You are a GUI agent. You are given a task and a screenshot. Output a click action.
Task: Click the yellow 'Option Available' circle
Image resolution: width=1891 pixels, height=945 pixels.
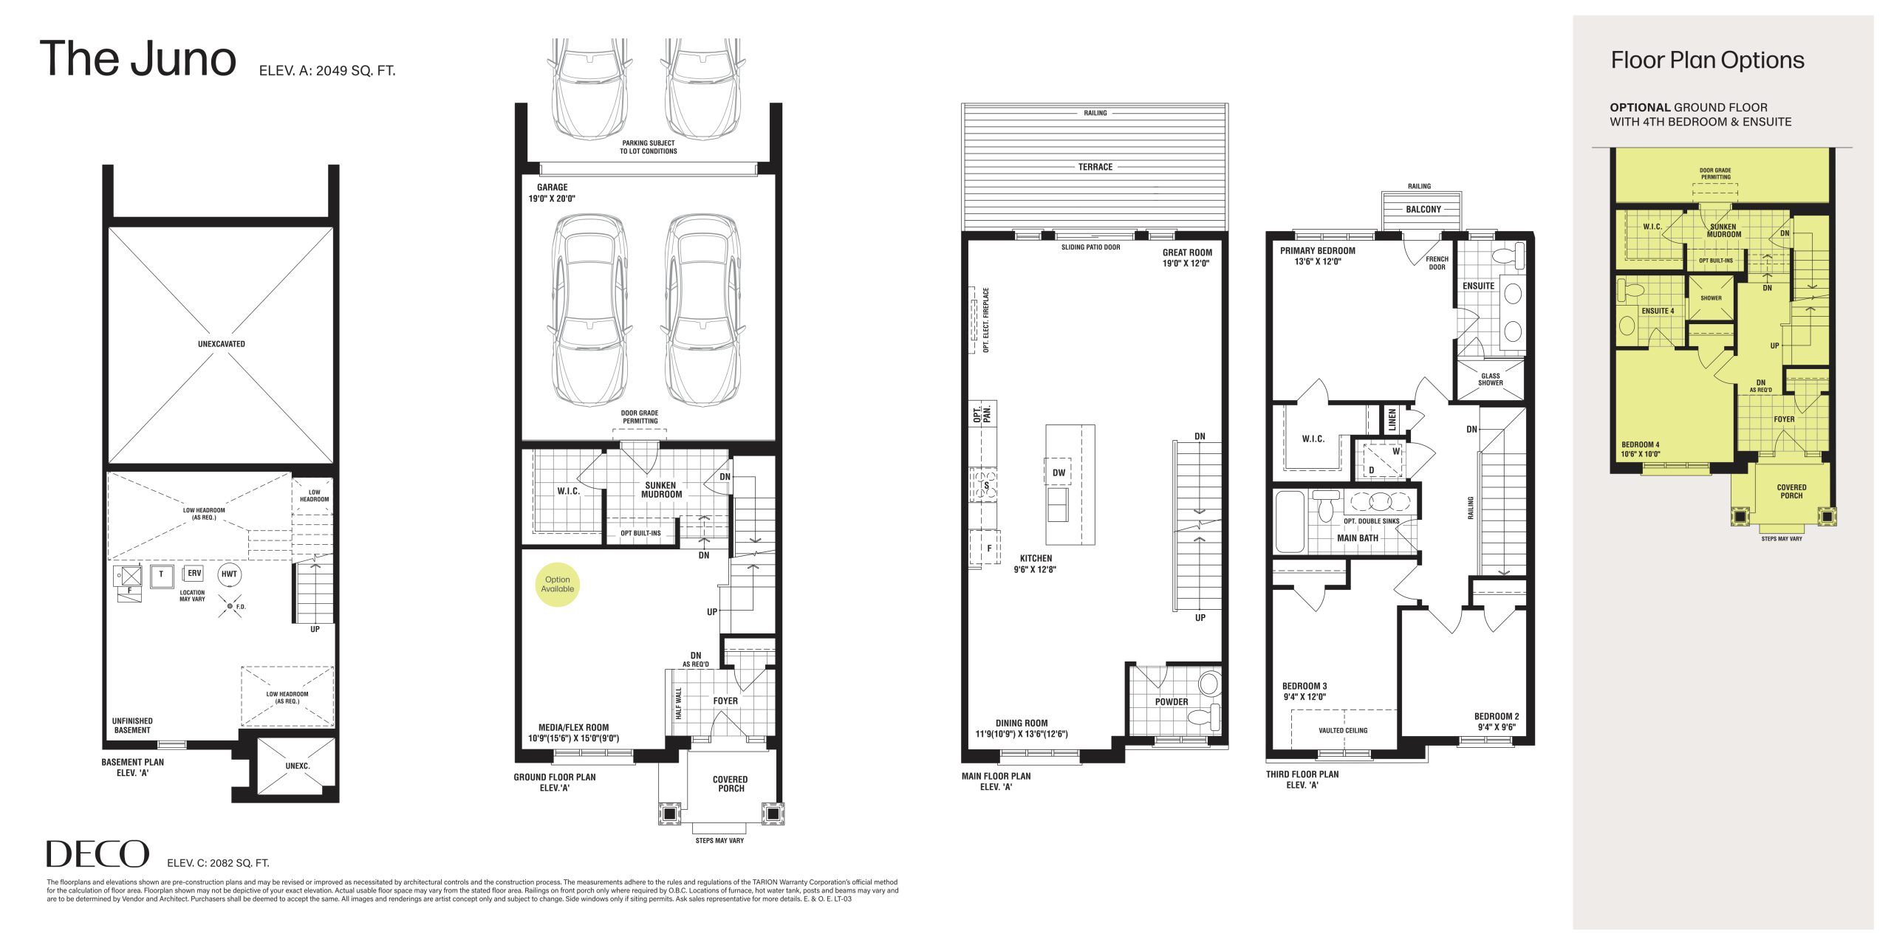(x=558, y=585)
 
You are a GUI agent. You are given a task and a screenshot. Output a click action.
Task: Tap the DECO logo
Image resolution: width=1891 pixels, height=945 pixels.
(x=98, y=854)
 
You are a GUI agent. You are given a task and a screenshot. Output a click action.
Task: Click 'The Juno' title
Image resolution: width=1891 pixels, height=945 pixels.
(x=138, y=59)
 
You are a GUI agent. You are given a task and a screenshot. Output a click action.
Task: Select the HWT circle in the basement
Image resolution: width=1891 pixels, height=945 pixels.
(x=229, y=574)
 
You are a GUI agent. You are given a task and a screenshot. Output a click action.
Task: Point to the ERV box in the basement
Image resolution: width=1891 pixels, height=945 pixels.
(x=194, y=574)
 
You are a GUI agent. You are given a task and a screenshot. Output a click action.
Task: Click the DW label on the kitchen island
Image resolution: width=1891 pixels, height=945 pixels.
(x=1059, y=472)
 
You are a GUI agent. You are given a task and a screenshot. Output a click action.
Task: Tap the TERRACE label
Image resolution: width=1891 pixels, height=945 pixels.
(x=1095, y=167)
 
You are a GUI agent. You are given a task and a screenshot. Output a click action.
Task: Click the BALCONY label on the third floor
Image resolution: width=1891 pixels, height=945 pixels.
(x=1423, y=210)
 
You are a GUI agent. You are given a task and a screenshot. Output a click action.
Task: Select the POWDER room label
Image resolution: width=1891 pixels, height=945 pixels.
(x=1172, y=702)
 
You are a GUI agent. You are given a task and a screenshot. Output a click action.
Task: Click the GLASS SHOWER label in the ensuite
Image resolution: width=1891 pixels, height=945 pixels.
(x=1491, y=379)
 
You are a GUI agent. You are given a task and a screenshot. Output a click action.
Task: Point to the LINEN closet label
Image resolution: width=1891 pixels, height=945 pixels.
(x=1392, y=421)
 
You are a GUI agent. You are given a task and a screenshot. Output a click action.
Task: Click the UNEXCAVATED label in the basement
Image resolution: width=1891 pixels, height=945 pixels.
(x=222, y=344)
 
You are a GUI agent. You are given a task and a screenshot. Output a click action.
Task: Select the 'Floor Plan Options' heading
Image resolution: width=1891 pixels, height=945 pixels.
(x=1707, y=61)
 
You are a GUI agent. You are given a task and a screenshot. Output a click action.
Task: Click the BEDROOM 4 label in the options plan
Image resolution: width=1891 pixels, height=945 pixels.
(x=1641, y=445)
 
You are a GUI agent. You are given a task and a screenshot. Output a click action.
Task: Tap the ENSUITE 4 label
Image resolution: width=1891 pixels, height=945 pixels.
(x=1658, y=311)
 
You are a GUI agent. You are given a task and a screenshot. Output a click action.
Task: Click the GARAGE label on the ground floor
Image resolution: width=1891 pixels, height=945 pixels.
(x=553, y=188)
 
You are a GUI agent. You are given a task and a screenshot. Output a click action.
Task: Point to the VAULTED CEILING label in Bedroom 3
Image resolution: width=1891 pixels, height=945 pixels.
(x=1343, y=731)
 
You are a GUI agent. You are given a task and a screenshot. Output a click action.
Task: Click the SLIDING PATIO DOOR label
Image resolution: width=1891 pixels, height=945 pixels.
(x=1090, y=247)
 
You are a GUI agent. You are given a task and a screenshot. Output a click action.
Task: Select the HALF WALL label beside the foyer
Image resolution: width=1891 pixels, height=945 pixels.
(x=679, y=703)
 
